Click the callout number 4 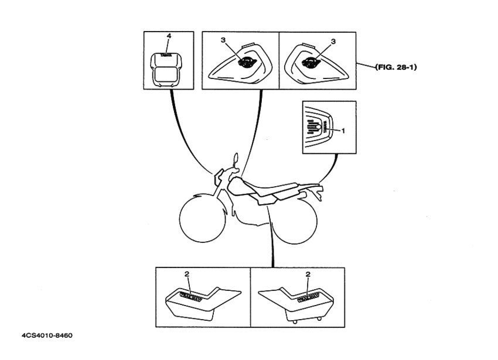169,36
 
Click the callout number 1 344,131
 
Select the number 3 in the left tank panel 223,40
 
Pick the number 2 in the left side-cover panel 187,273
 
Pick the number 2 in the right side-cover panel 308,273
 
